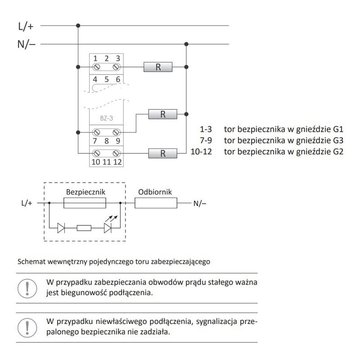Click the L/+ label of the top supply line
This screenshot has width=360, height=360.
[x=26, y=26]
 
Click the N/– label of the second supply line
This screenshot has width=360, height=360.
[x=27, y=44]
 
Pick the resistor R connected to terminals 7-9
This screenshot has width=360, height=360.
[x=163, y=114]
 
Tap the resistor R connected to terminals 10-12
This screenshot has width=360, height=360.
[x=163, y=153]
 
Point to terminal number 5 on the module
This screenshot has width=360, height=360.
[x=107, y=79]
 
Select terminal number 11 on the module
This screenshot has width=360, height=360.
[x=107, y=162]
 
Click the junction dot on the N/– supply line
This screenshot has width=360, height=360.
[x=186, y=44]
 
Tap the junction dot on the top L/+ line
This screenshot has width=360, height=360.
[x=79, y=26]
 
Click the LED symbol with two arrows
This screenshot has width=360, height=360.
[x=108, y=228]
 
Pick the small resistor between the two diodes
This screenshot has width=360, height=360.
[x=85, y=228]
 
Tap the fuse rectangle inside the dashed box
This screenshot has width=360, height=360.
[x=85, y=203]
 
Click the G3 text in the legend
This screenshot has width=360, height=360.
[x=338, y=140]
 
